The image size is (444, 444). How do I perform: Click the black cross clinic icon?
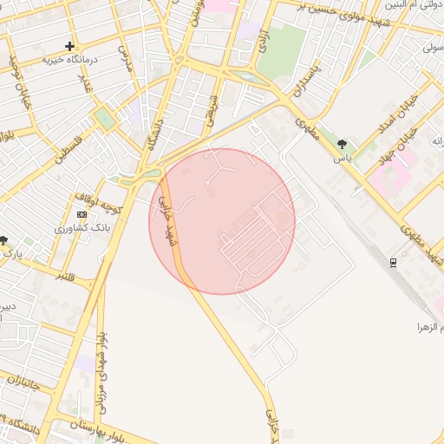pyautogui.click(x=70, y=46)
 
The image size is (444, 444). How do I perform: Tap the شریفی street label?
pyautogui.click(x=208, y=109)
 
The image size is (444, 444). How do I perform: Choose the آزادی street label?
pyautogui.click(x=257, y=45)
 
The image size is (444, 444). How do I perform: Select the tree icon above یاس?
pyautogui.click(x=343, y=144)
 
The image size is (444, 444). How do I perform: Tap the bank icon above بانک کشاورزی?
pyautogui.click(x=82, y=214)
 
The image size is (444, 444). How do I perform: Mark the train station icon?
pyautogui.click(x=394, y=262)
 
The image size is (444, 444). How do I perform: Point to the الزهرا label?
pyautogui.click(x=430, y=328)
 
